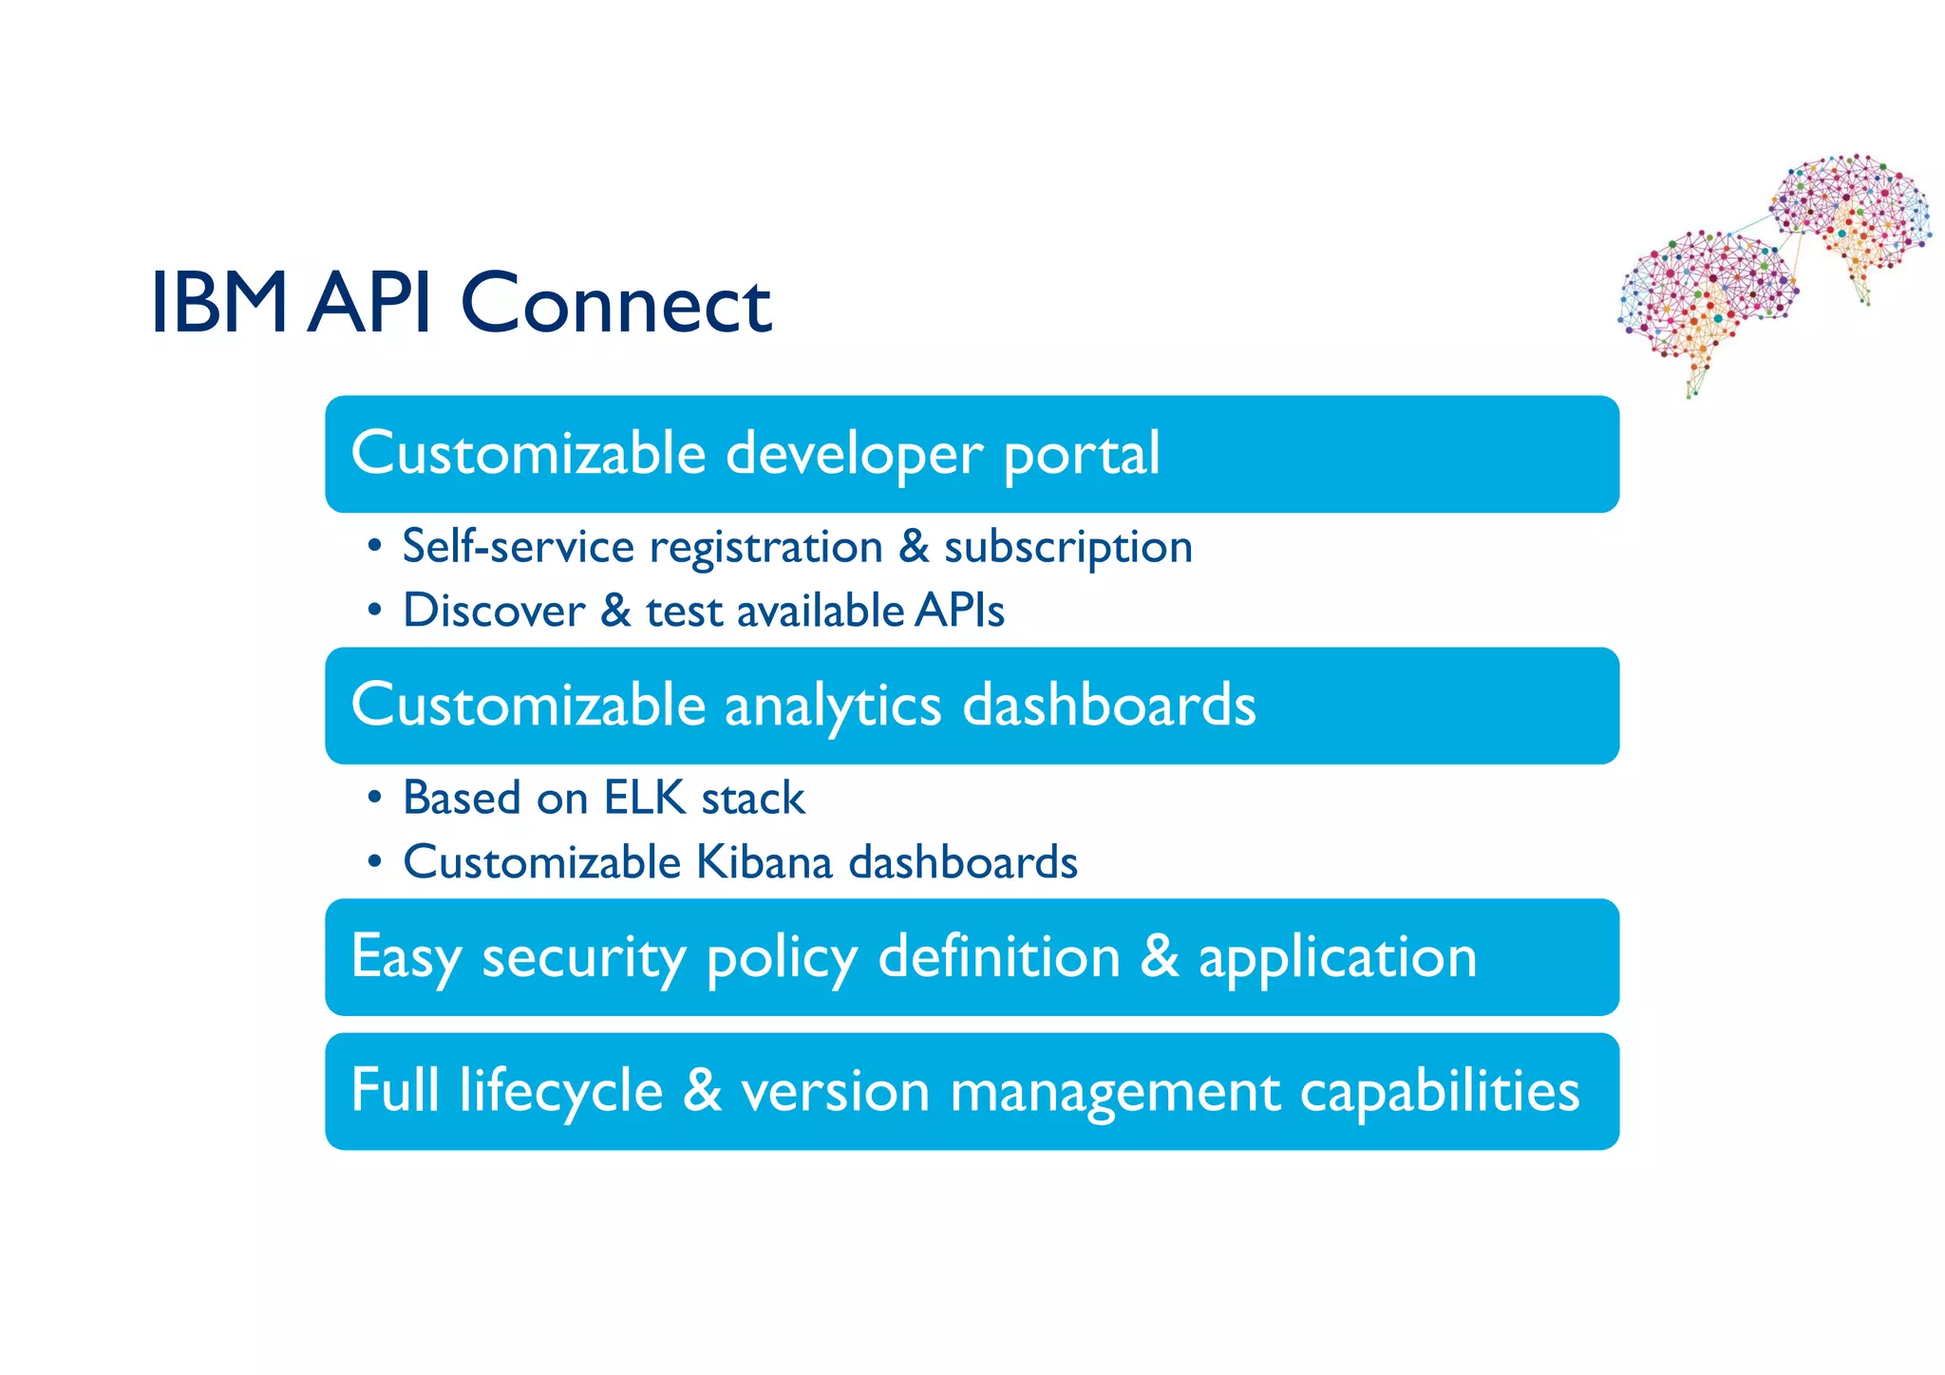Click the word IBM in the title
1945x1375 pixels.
coord(219,303)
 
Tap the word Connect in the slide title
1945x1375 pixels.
coord(615,303)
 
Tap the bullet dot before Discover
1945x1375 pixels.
coord(375,610)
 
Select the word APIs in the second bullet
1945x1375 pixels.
coord(959,610)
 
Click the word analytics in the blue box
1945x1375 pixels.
coord(833,706)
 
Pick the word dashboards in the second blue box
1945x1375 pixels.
coord(1108,706)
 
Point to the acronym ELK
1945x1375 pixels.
coord(645,798)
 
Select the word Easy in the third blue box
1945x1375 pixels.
coord(406,957)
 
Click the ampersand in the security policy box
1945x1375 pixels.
coord(1159,956)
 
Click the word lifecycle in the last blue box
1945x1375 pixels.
coord(560,1091)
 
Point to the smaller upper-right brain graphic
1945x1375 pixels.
coord(1852,218)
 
